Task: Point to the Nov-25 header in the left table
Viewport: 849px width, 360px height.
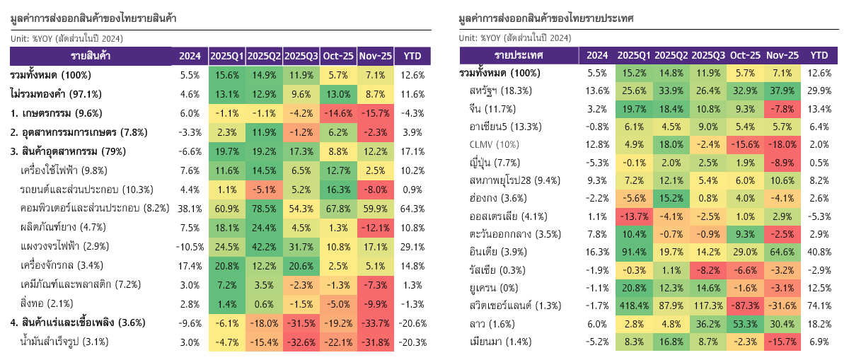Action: coord(375,56)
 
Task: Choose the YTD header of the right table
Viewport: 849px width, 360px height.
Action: coord(819,55)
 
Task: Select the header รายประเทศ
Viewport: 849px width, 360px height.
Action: coord(519,55)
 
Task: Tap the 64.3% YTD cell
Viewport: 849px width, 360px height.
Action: coord(412,208)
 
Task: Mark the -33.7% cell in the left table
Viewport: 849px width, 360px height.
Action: coord(375,323)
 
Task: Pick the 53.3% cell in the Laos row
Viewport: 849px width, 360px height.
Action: coord(745,325)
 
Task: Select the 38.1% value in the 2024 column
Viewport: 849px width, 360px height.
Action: coord(190,208)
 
